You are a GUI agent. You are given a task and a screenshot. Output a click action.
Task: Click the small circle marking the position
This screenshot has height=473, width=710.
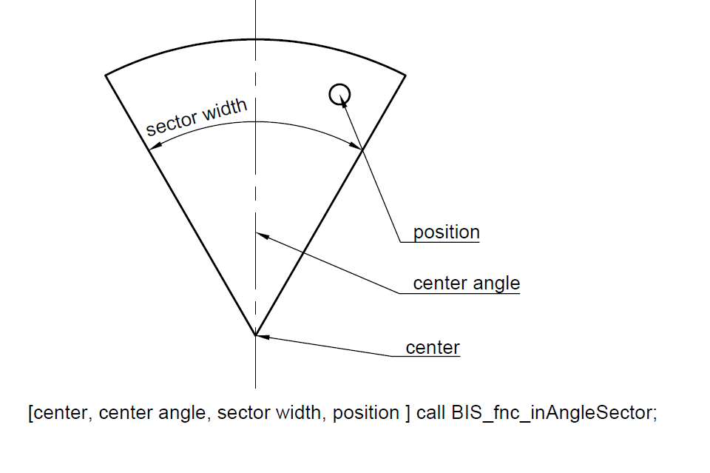339,93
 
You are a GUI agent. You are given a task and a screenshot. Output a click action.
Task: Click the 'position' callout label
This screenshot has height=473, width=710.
446,232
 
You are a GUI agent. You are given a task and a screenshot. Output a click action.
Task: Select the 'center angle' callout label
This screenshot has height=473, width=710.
466,283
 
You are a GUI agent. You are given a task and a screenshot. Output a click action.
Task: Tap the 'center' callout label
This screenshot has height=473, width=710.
433,347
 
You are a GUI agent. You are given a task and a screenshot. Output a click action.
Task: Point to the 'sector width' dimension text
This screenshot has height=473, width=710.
196,118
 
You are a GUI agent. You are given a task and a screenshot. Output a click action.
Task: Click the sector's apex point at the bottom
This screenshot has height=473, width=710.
255,335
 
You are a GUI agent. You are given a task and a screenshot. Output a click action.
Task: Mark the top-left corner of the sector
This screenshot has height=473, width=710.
106,75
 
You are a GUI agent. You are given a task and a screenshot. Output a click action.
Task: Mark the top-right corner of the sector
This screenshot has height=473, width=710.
405,75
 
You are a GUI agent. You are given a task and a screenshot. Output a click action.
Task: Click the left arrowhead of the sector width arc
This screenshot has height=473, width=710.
153,148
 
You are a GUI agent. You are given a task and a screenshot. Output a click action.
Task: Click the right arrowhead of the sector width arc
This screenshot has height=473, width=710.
357,148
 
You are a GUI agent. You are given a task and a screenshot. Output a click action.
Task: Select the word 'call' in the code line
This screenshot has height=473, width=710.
431,413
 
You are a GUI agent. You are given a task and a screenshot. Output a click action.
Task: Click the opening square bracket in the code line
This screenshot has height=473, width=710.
30,413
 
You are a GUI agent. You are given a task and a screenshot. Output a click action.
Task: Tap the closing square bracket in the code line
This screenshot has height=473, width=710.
408,413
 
